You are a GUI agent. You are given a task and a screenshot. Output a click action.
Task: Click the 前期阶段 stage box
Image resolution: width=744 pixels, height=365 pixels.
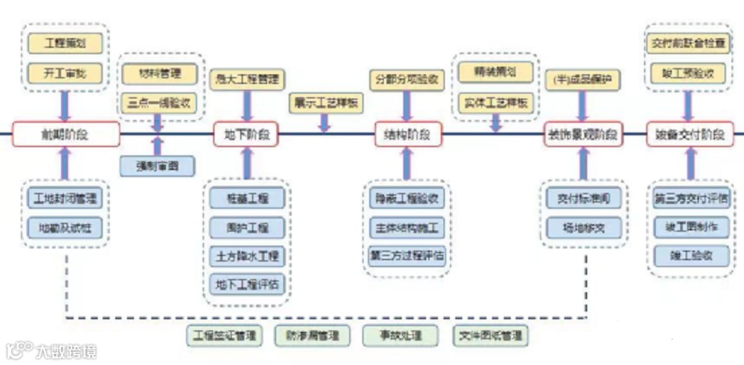tap(66, 135)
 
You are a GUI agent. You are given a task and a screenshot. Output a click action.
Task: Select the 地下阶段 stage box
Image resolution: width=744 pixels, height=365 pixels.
tap(246, 135)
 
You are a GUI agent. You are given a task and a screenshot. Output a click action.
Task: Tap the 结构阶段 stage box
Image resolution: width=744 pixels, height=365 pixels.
tap(407, 135)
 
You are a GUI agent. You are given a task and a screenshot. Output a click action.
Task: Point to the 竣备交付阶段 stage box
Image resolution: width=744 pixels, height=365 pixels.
tap(689, 135)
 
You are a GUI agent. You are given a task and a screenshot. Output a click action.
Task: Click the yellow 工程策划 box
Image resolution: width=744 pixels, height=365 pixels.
tap(65, 44)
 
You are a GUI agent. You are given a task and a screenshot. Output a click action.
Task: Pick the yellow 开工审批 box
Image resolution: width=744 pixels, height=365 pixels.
tap(65, 72)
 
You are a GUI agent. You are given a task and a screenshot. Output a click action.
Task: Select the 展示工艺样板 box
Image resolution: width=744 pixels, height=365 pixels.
tap(326, 102)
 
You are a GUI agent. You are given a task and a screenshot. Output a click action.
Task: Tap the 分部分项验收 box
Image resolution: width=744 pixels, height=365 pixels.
tap(407, 78)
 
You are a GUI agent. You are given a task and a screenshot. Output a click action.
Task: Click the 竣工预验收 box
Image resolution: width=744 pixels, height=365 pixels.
tap(688, 72)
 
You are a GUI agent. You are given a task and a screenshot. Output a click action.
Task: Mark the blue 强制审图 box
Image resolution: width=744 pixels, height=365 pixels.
tap(157, 166)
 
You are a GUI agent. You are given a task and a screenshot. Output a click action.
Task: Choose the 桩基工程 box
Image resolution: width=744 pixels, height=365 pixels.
tap(247, 198)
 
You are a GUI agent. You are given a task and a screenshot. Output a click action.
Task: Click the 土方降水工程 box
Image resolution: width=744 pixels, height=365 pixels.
tap(247, 255)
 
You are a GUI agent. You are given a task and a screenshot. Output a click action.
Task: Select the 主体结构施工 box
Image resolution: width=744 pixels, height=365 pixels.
tap(407, 227)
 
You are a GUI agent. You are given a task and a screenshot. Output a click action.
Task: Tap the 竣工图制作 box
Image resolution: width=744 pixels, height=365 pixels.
tap(691, 227)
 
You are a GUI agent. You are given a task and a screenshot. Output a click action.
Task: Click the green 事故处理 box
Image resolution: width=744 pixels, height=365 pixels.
tap(391, 336)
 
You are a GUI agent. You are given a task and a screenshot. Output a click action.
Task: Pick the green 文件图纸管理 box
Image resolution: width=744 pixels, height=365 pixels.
tap(491, 336)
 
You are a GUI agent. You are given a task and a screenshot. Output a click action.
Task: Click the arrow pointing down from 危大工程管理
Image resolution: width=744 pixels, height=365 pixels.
tap(247, 105)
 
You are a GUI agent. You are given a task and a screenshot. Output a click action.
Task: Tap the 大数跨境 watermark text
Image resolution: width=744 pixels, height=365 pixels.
tap(67, 351)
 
